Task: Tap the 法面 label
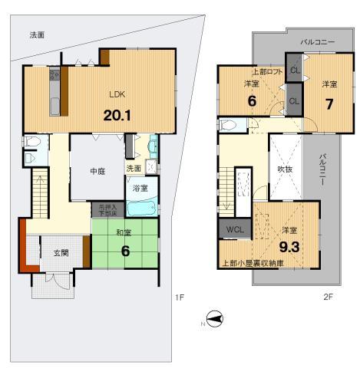[x=37, y=35]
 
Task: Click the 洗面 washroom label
[x=134, y=169]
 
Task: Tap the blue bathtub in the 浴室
[x=140, y=208]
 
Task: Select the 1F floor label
[x=179, y=297]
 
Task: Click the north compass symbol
[x=214, y=319]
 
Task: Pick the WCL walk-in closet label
[x=235, y=229]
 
